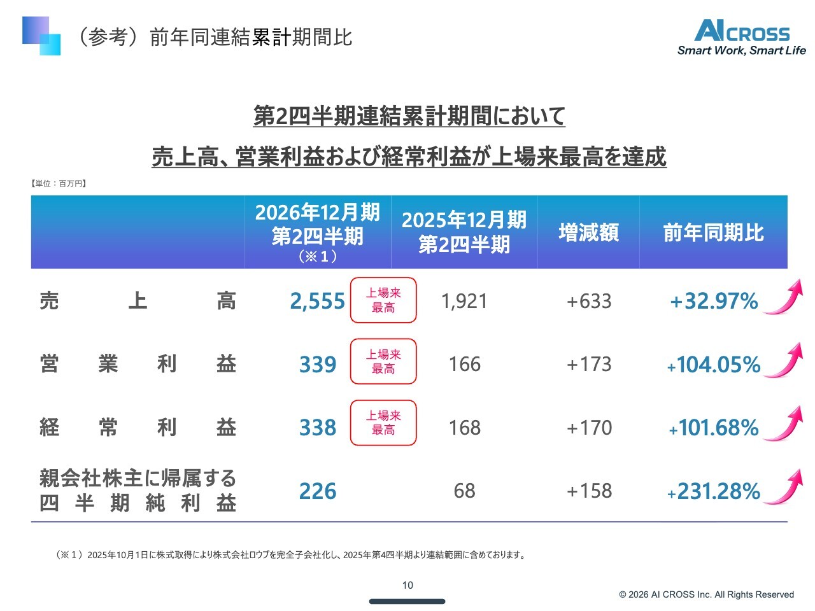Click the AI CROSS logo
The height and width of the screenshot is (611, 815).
741,37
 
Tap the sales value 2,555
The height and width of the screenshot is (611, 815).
317,301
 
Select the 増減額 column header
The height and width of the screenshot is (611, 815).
589,232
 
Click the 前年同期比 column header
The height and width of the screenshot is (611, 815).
714,232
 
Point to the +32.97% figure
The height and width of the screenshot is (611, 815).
714,301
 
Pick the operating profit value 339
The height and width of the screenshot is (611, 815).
318,364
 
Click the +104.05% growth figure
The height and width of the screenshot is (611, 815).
714,364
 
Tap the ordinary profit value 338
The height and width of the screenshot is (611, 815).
318,427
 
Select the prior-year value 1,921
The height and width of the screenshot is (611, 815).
464,301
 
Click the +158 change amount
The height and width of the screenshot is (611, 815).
589,491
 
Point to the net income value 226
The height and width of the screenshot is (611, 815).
318,491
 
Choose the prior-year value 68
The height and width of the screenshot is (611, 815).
465,491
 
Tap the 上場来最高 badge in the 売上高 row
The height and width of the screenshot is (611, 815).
383,300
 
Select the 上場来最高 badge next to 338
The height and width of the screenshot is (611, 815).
383,423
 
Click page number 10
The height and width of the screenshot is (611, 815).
407,585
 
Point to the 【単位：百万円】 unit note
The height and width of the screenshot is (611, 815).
59,183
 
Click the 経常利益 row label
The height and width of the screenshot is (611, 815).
138,427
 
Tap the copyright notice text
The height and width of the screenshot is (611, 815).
706,594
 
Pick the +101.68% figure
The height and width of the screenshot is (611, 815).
714,428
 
